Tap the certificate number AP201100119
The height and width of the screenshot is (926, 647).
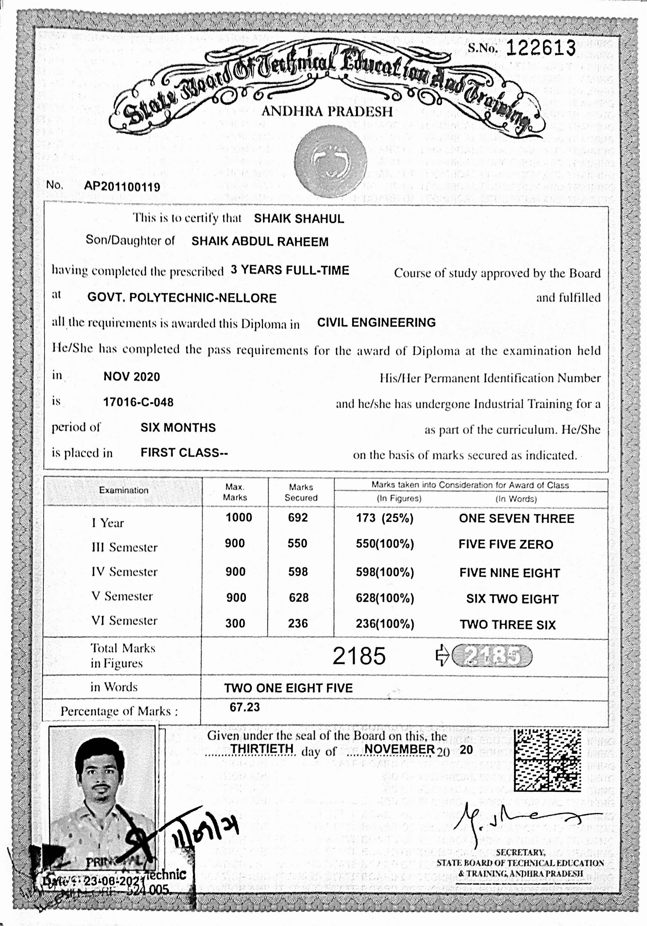coord(122,187)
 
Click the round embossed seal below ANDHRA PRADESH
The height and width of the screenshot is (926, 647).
coord(330,161)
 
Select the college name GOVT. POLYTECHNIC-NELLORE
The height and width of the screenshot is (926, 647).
coord(182,298)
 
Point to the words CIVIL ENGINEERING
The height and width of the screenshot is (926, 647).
coord(376,323)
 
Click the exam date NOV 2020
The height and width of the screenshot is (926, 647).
coord(132,377)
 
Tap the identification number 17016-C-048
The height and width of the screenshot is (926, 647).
coord(138,402)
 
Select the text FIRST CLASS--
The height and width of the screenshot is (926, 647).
coord(184,452)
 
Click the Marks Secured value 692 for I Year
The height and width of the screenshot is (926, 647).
coord(298,518)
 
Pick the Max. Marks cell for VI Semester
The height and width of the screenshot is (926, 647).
coord(235,624)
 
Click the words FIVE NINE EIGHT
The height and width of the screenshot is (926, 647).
coord(510,573)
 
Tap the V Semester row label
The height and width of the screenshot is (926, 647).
coord(122,596)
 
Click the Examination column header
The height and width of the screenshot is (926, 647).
coord(124,490)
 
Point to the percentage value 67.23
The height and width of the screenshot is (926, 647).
coord(244,707)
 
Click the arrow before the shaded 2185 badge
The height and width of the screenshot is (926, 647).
coord(442,655)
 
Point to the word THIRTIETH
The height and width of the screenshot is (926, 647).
coord(262,749)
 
